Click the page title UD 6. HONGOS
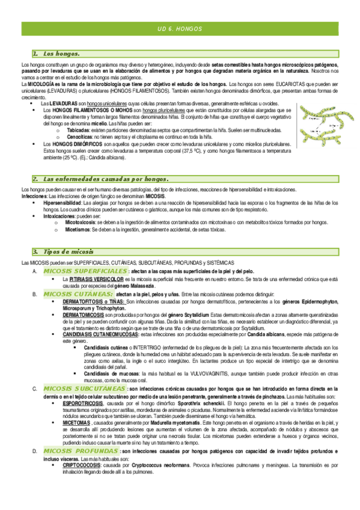(180, 29)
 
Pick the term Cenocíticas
(80, 137)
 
